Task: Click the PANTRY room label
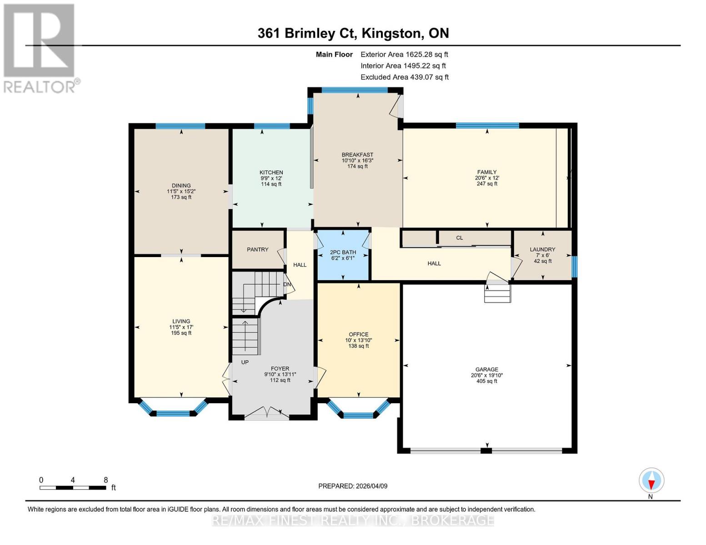[257, 249]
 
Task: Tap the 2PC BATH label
[343, 252]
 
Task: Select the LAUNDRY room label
[542, 249]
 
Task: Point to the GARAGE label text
[486, 369]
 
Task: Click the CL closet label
[459, 238]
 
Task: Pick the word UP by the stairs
[245, 362]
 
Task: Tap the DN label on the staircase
[287, 284]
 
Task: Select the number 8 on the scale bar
[105, 480]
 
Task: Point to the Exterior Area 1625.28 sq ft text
[404, 54]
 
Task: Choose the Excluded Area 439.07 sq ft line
[405, 77]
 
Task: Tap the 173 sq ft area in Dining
[181, 197]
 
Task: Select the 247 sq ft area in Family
[487, 184]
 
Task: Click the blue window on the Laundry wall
[574, 267]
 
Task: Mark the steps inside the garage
[497, 294]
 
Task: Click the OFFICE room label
[358, 334]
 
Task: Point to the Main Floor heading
[334, 54]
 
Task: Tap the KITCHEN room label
[271, 173]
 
